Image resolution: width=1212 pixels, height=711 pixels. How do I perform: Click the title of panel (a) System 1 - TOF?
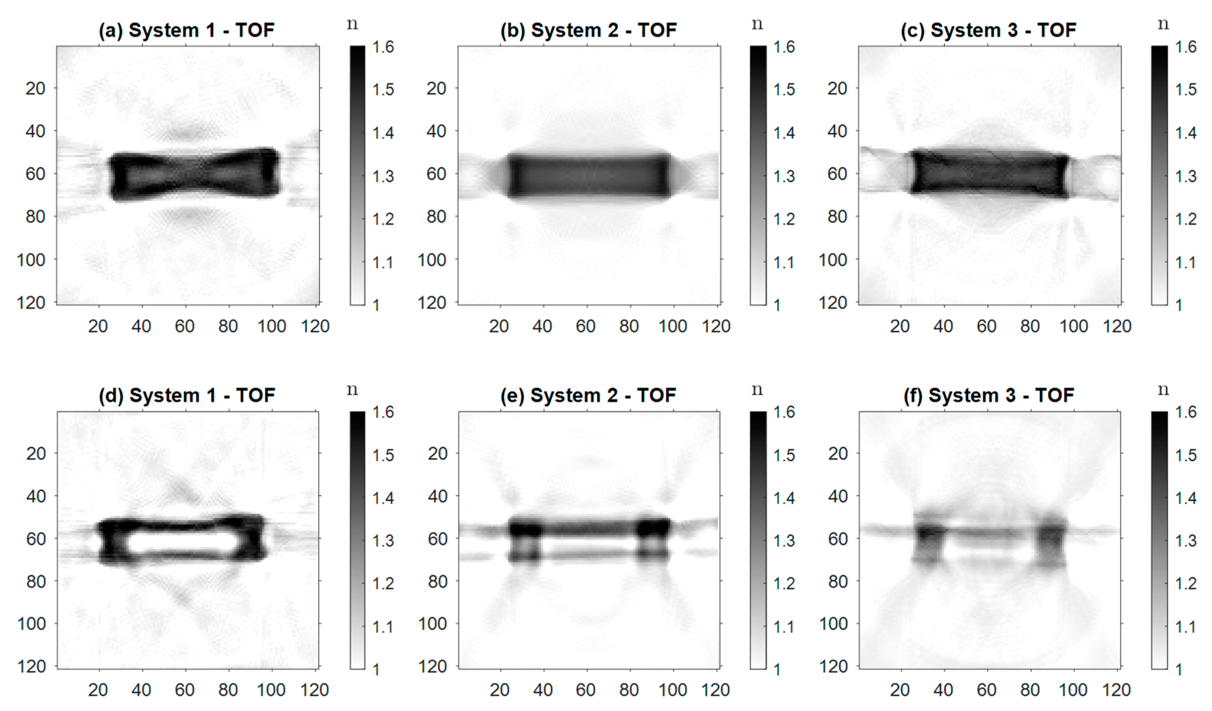coord(187,30)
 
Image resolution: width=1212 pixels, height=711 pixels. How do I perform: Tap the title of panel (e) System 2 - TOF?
coord(588,395)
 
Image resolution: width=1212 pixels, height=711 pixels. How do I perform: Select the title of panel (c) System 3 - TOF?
coord(988,30)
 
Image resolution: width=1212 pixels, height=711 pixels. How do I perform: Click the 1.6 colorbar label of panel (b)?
coord(784,47)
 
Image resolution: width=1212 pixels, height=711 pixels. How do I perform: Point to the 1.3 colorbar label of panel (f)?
coord(1186,541)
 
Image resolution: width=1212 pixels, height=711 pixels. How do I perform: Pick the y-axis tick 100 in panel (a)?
coord(31,260)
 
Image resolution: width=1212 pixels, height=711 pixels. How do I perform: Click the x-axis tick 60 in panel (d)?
coord(185,690)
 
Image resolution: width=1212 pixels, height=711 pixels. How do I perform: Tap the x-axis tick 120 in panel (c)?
coord(1117,326)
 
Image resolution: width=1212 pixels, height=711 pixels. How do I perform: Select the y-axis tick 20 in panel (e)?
coord(437,453)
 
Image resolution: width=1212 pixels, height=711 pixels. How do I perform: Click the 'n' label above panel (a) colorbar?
coord(353,24)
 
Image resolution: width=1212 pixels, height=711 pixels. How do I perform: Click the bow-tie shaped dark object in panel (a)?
coord(195,174)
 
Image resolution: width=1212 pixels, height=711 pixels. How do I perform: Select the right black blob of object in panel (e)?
coord(653,527)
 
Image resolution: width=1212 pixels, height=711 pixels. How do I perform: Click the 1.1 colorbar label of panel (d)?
coord(383,627)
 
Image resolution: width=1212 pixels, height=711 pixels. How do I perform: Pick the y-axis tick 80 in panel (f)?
coord(837,582)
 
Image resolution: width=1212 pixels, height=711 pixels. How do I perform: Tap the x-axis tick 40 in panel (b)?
coord(542,326)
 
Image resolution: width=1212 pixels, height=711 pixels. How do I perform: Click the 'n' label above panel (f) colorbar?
coord(1163,389)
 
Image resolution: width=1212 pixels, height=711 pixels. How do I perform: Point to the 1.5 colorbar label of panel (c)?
coord(1186,90)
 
